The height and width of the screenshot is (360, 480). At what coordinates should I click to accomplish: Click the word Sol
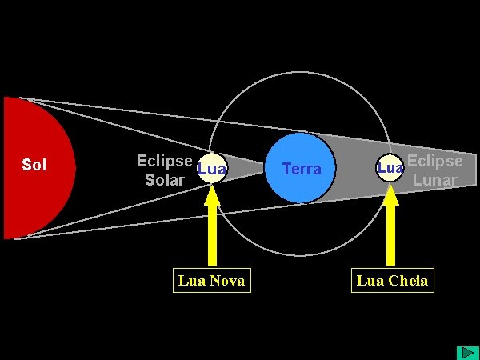coord(34,166)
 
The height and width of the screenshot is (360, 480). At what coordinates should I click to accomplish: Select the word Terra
coord(302,169)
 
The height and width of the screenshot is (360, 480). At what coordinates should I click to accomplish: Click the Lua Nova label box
coord(211,280)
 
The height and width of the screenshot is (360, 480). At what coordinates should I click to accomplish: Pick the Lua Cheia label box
coord(392,280)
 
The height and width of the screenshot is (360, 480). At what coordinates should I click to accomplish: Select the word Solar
coord(165,180)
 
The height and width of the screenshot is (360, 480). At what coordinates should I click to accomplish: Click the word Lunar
coord(434,180)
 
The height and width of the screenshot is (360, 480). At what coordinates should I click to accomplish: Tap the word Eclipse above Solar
coord(165,161)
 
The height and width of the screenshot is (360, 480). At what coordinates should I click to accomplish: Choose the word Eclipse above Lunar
coord(434,161)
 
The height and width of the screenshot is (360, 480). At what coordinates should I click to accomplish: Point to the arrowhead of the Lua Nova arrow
coord(212,195)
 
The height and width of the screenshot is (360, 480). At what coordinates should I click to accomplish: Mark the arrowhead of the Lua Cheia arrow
coord(391,195)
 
